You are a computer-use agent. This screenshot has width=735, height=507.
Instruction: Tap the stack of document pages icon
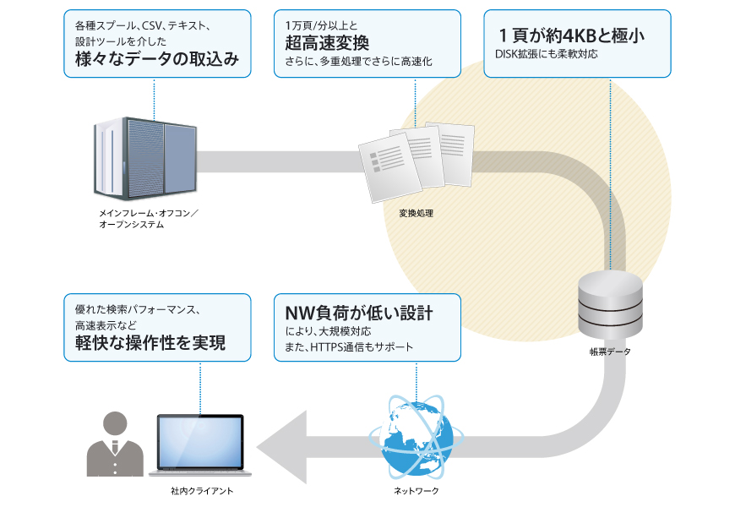point(416,161)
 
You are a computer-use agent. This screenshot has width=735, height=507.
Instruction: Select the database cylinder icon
point(609,303)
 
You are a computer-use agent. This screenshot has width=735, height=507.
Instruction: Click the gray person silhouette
point(116,444)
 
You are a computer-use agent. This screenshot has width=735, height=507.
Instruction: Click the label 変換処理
point(416,213)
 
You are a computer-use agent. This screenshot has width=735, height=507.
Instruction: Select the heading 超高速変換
point(327,43)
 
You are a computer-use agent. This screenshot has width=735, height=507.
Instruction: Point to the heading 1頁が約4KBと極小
point(578,36)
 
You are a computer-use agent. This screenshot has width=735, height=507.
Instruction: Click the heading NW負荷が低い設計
point(359,313)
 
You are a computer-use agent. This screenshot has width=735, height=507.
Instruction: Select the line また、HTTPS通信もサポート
point(349,347)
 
